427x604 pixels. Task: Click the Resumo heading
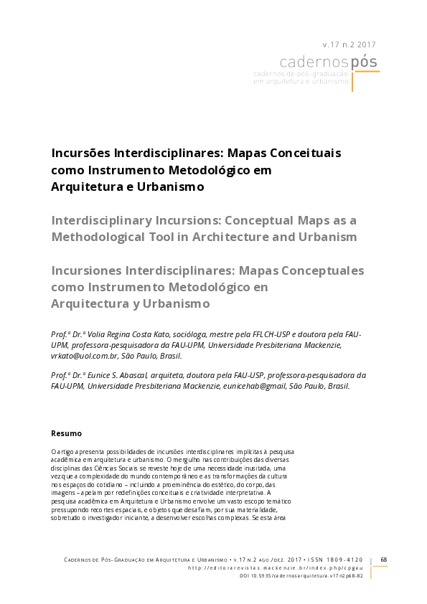click(x=66, y=433)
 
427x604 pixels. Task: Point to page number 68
click(x=384, y=560)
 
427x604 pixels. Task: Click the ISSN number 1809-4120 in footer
click(x=347, y=560)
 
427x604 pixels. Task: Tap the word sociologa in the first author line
click(x=196, y=335)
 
